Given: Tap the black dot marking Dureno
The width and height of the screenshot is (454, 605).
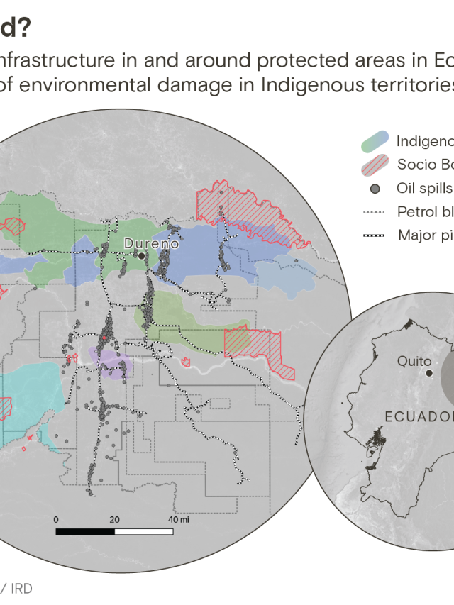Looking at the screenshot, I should pos(142,255).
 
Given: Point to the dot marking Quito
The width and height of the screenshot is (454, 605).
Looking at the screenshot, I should pos(429,372).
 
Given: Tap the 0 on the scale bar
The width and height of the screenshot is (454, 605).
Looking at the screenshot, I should pos(55,520).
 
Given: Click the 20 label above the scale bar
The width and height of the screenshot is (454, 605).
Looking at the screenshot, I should pos(114,520).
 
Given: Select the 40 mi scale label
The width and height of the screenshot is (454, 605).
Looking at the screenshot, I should pos(178,520).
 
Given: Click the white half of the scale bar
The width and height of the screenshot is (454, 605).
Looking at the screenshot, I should pos(144,531).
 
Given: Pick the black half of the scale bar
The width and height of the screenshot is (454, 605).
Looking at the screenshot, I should pos(85,531).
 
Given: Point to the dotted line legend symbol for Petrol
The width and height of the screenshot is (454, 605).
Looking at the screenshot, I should pos(373,211).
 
